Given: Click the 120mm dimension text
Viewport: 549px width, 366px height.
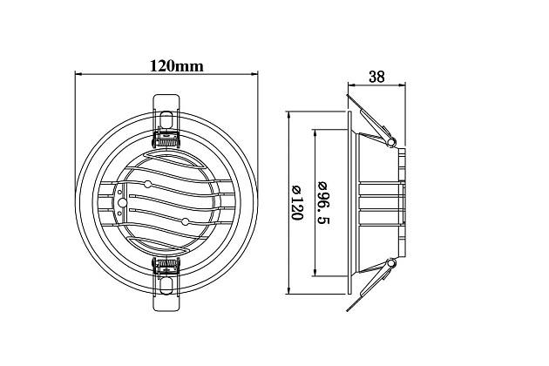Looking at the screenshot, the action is [x=177, y=65].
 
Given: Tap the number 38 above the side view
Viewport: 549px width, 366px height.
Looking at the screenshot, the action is [x=376, y=77].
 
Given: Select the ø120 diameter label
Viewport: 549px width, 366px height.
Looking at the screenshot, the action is [x=296, y=203].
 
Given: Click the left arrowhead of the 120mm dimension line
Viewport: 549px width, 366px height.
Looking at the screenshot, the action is [x=78, y=74].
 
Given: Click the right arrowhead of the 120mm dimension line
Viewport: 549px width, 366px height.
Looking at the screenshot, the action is [x=254, y=74].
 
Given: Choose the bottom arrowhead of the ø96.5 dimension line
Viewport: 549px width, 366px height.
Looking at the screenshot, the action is [x=315, y=272].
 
